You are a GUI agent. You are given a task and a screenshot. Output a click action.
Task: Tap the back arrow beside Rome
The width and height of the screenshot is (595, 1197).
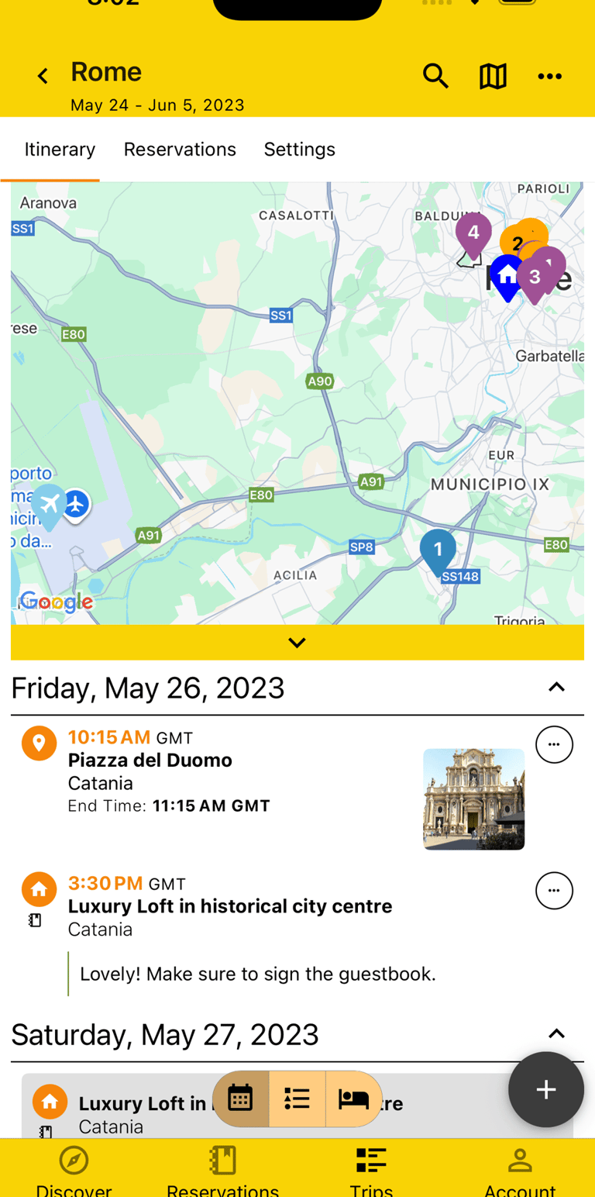(43, 76)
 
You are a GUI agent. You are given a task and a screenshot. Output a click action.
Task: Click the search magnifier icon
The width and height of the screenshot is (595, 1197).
(435, 76)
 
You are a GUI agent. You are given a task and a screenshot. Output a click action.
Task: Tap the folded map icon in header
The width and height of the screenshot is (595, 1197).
(493, 76)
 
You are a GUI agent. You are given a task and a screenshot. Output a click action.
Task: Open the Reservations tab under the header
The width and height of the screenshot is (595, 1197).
(180, 150)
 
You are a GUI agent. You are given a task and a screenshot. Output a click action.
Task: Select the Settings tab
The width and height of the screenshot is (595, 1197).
(300, 150)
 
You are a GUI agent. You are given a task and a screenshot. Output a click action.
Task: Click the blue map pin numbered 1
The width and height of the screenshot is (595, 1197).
(438, 550)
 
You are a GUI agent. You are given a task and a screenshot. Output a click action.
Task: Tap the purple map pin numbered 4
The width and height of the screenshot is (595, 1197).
(473, 233)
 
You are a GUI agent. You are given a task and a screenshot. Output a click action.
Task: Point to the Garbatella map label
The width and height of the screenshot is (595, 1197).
(550, 356)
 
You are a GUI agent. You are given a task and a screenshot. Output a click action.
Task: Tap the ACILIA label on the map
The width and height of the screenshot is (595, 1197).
(295, 575)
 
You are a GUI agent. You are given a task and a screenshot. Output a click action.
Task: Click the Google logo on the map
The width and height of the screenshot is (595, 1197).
(56, 602)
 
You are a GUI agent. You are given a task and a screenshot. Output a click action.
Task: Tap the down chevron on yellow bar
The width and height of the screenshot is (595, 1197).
(297, 643)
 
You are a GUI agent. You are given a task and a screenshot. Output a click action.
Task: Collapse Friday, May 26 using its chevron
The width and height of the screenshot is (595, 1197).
(556, 688)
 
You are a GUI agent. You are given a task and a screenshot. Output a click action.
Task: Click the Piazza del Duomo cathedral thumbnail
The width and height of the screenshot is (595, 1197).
(473, 799)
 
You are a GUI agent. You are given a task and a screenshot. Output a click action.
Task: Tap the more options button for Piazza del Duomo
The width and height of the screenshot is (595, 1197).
(554, 744)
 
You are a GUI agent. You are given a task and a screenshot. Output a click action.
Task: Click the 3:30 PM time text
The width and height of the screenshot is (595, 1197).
(105, 883)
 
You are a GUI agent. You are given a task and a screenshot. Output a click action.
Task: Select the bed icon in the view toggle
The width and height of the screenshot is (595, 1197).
(354, 1099)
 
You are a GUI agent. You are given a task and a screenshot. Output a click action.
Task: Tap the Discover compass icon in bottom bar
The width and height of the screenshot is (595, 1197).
(74, 1161)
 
